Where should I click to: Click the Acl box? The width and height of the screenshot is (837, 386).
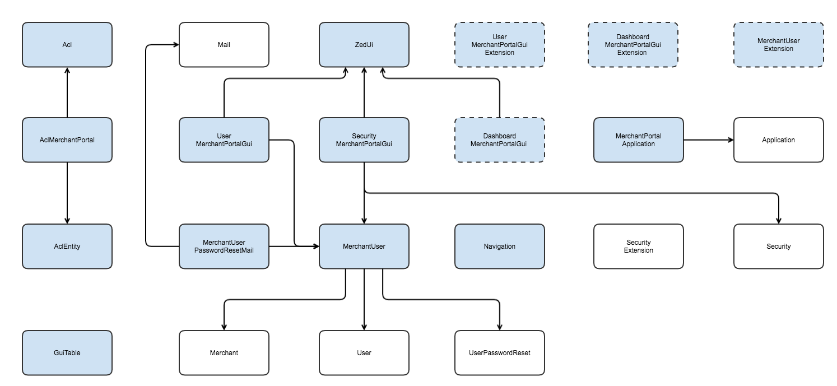point(67,45)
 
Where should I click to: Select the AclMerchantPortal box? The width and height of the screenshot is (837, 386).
point(67,140)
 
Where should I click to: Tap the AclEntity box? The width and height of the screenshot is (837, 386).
point(67,247)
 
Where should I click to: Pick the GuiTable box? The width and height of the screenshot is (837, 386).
point(67,353)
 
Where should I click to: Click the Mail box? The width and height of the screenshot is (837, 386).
point(224,45)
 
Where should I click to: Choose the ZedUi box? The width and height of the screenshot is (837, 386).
point(364,45)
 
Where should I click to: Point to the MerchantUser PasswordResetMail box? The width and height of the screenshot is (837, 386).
point(224,247)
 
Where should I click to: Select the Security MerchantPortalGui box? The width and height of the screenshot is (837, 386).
point(364,140)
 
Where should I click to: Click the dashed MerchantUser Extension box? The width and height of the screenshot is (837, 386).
point(778,45)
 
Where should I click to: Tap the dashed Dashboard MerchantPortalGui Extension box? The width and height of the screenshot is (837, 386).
point(633,45)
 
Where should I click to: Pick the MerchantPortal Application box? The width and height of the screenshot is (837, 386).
point(638,140)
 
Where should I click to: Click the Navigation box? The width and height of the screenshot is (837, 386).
point(499,247)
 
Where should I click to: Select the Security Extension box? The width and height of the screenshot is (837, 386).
point(638,247)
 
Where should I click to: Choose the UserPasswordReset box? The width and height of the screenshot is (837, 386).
point(499,353)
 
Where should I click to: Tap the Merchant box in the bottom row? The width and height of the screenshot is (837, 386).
point(224,353)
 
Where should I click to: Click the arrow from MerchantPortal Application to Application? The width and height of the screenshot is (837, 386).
point(708,140)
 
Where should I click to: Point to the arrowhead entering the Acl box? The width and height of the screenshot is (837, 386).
point(67,71)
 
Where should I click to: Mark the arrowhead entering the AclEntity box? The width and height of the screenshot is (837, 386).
point(67,220)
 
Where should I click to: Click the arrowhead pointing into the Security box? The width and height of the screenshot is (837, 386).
point(778,220)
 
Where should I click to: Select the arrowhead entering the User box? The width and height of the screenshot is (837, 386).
point(364,327)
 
